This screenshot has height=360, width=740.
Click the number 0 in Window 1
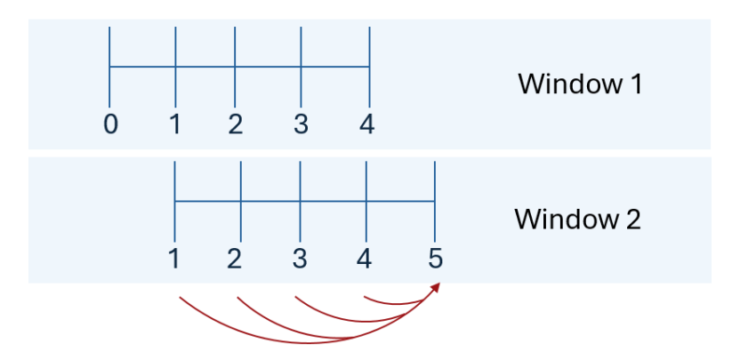110,124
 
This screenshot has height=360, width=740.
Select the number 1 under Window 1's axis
175,124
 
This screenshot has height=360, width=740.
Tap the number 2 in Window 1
235,124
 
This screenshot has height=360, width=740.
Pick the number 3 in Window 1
301,124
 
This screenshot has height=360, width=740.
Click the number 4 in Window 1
366,124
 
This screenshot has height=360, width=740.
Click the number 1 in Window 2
175,260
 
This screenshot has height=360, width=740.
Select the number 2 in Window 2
235,260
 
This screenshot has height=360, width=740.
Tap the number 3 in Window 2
301,260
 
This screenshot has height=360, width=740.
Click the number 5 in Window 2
434,260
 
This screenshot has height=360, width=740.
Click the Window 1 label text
580,84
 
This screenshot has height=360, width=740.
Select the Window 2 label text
577,219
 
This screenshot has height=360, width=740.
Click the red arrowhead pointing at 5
436,287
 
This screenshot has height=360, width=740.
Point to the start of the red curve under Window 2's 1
181,298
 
